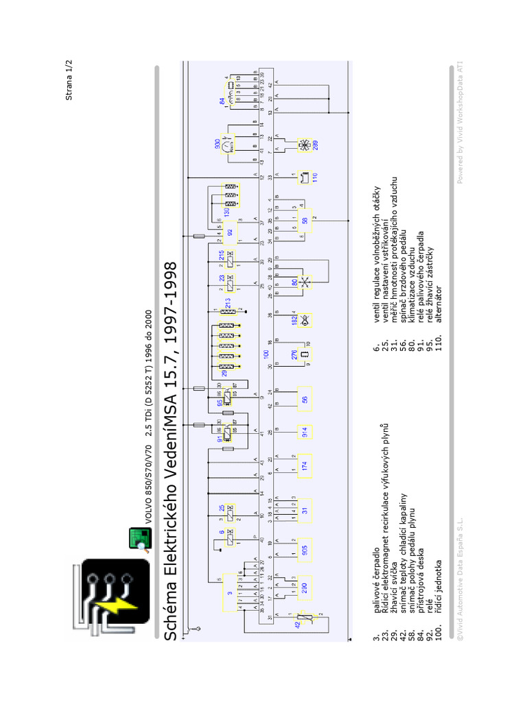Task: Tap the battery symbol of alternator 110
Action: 305,177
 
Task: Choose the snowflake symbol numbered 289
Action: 304,145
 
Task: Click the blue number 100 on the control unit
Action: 267,354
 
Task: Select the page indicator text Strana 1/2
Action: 69,80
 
